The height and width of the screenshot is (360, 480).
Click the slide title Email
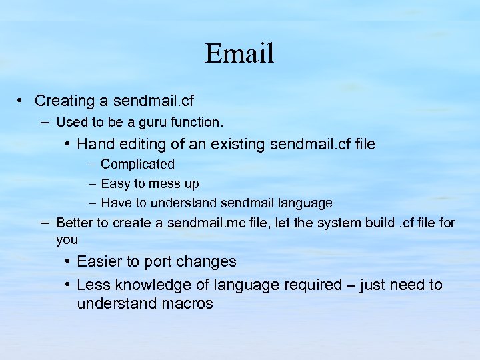(239, 53)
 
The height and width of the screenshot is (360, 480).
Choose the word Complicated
(137, 164)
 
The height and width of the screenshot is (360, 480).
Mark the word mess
(163, 183)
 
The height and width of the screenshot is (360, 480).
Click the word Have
(116, 203)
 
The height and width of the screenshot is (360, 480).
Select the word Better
(75, 223)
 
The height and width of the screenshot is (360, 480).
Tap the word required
(313, 285)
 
